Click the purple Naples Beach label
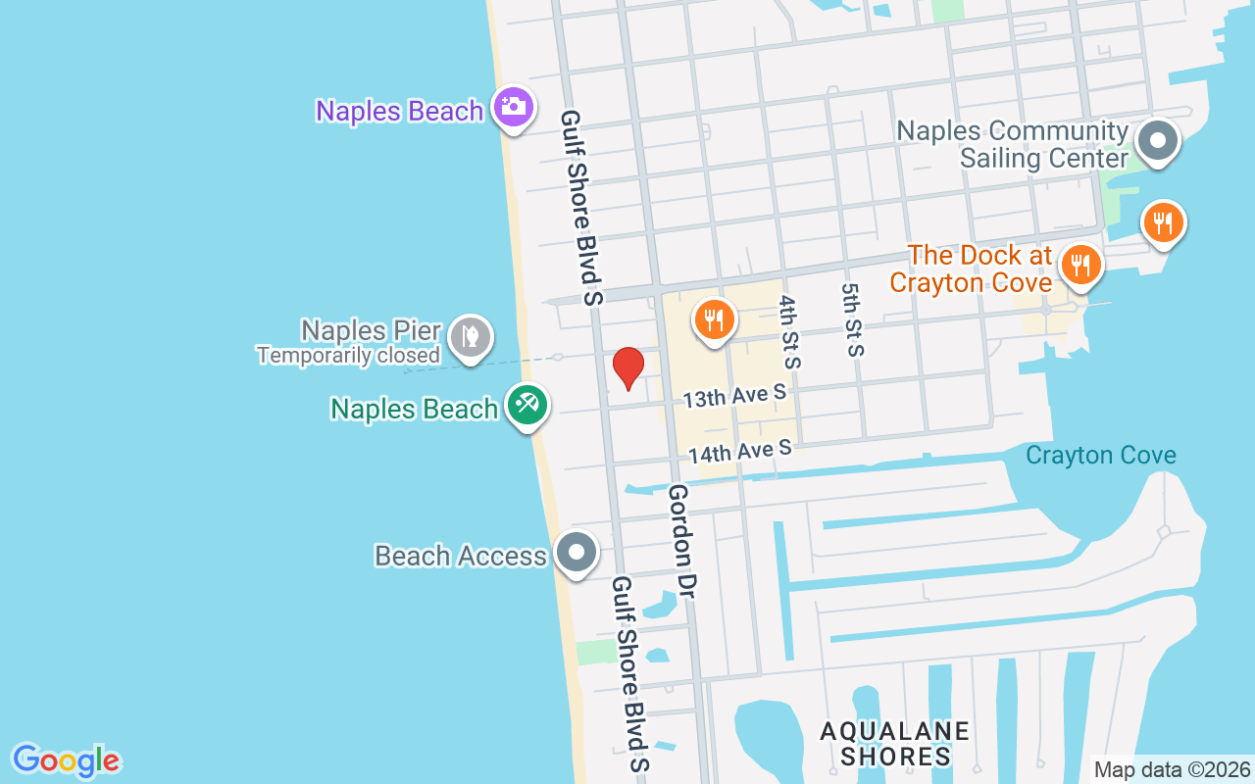(x=399, y=111)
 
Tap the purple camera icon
(x=513, y=106)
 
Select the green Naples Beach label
(x=414, y=408)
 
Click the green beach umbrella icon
(x=527, y=404)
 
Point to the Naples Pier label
(x=372, y=330)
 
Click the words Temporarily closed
(x=348, y=355)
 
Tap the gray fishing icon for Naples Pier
(x=471, y=337)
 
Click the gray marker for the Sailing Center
(x=1158, y=141)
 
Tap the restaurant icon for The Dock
(x=1080, y=265)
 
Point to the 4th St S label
(x=791, y=331)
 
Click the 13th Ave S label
(x=735, y=396)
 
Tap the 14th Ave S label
(x=739, y=451)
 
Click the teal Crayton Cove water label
(x=1101, y=455)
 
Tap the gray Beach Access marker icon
(x=577, y=553)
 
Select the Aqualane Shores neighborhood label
(x=895, y=744)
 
